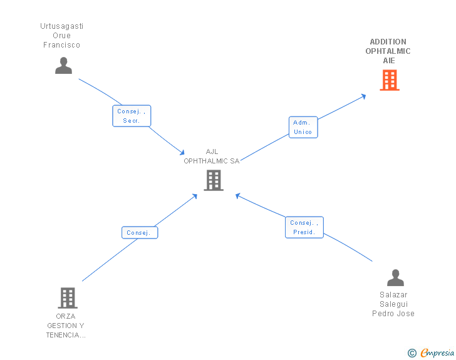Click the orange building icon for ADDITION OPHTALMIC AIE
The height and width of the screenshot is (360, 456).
point(389,80)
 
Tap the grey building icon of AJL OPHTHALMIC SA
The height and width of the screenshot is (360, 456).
point(213,180)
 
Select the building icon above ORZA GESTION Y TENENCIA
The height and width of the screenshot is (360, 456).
point(67,297)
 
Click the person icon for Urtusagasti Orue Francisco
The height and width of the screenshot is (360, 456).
point(63,65)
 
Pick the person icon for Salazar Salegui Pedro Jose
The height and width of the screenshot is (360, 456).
point(395,277)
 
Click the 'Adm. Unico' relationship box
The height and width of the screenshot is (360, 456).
point(303,127)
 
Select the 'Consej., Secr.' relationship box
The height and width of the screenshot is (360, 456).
point(132,116)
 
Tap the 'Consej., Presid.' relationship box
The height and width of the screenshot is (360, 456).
point(304,227)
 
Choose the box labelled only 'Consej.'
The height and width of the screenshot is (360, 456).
point(139,233)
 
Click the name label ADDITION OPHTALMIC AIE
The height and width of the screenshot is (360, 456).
point(389,51)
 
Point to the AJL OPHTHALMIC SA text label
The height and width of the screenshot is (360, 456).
point(212,157)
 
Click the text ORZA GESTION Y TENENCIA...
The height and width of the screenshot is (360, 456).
point(66,326)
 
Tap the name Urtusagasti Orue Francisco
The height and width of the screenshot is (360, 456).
point(62,36)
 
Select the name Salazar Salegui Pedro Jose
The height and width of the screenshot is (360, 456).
point(393,304)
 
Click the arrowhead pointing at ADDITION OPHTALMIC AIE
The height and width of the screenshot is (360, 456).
point(363,96)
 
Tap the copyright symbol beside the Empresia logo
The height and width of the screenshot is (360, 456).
point(412,353)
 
